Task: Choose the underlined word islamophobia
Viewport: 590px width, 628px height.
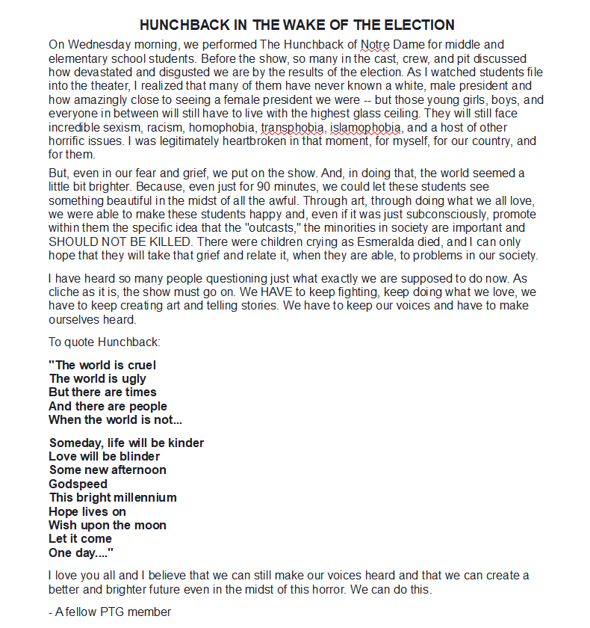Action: pos(366,128)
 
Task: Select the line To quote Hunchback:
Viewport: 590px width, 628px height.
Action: pos(105,342)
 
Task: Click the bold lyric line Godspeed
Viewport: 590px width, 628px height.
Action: pos(78,484)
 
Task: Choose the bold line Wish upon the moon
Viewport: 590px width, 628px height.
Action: pos(108,525)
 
